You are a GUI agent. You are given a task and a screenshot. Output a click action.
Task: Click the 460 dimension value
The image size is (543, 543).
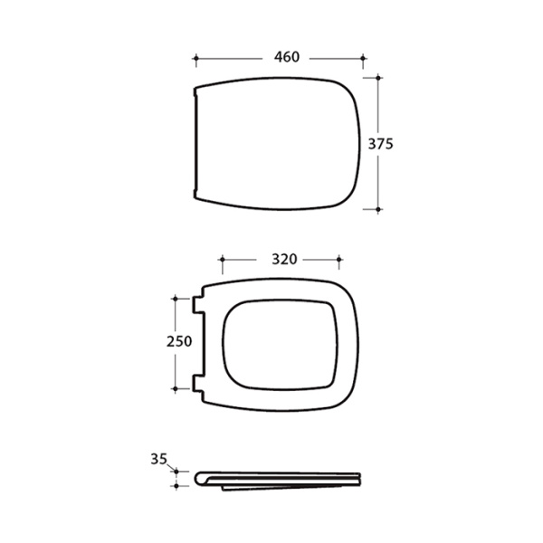point(287,57)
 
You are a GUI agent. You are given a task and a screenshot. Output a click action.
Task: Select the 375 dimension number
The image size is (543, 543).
point(381,144)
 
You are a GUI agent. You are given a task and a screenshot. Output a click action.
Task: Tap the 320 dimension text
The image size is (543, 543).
point(284,259)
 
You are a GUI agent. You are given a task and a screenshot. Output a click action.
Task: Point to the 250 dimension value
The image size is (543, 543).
point(179,341)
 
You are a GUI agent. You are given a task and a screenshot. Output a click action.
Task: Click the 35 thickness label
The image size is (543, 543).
point(159,459)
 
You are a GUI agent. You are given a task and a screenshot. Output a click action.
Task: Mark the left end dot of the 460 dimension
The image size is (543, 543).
point(196,59)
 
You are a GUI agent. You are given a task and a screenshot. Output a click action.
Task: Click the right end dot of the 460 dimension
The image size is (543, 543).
point(363,59)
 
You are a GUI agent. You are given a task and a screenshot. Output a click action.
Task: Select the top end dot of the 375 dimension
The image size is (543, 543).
point(378,78)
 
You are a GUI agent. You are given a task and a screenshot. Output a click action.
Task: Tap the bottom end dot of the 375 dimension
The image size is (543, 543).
point(378,210)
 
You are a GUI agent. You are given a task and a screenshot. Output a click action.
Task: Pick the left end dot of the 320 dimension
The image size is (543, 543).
point(223,260)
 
